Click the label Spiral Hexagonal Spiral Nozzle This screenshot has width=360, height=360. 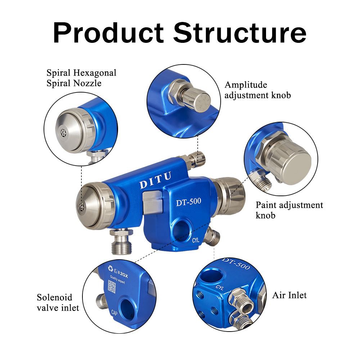point(81,78)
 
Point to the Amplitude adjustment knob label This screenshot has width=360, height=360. point(257,90)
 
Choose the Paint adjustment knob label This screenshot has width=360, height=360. point(289,210)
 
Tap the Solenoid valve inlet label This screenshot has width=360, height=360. point(58,302)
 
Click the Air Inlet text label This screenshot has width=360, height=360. point(289,296)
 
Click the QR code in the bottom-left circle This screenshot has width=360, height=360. point(112,287)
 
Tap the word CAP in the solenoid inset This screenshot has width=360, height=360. point(116,312)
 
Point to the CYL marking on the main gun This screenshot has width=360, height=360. point(196,240)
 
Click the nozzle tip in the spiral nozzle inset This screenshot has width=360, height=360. point(64,132)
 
